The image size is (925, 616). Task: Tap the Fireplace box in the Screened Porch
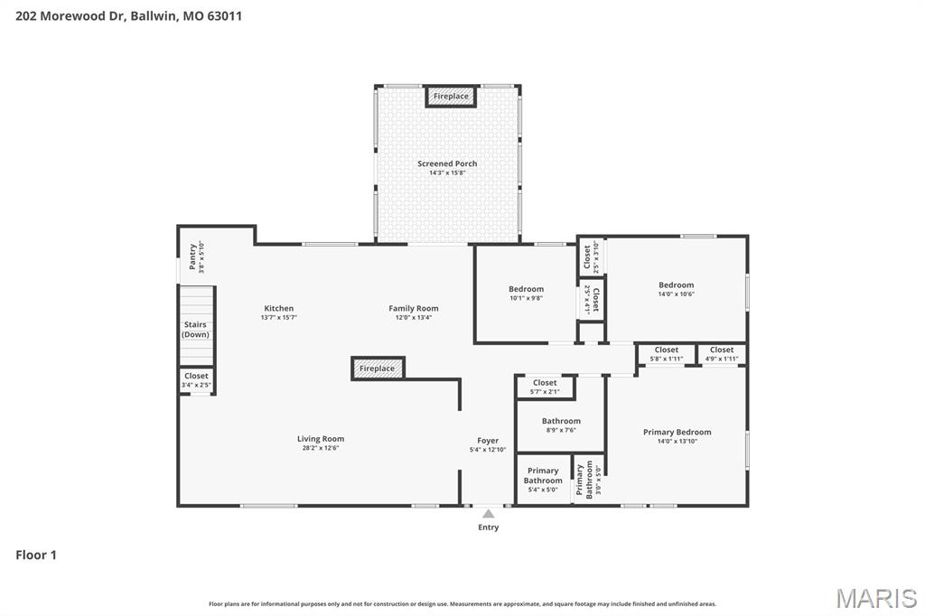tap(451, 97)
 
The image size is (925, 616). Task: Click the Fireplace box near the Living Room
tap(378, 369)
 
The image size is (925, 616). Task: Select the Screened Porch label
tap(447, 163)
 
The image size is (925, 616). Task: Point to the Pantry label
tap(192, 257)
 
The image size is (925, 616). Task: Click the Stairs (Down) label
tap(195, 329)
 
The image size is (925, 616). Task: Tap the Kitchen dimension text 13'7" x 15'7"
tap(278, 318)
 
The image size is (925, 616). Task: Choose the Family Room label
tap(414, 308)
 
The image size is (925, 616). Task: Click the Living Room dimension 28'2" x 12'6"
tap(321, 448)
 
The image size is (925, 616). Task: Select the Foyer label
tap(488, 441)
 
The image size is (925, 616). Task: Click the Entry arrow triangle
tap(488, 513)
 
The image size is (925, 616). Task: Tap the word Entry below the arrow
tap(488, 527)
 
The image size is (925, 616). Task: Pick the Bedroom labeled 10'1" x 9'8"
tap(526, 289)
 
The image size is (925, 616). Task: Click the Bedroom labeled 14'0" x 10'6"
tap(676, 285)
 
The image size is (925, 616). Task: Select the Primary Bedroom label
tap(677, 432)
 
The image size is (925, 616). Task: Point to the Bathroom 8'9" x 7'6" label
tap(561, 421)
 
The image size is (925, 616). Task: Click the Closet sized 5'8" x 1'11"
tap(667, 353)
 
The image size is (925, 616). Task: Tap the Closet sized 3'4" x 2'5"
tap(196, 380)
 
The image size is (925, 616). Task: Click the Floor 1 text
tap(36, 555)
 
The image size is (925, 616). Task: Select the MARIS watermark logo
tap(876, 598)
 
